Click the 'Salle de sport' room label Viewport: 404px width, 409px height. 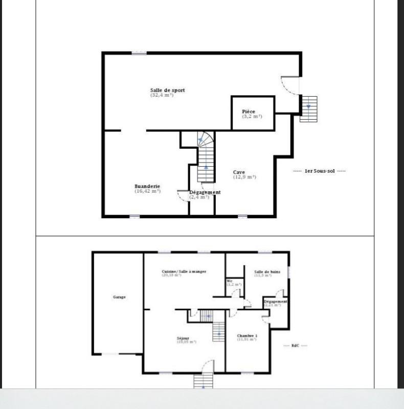pos(167,90)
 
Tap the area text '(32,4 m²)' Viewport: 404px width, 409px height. pos(162,95)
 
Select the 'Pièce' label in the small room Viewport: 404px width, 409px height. pos(249,111)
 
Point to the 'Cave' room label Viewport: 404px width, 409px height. pos(238,172)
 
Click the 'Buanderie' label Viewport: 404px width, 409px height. pos(147,186)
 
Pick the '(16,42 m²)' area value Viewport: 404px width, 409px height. pos(147,191)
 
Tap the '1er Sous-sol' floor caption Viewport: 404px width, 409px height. pos(319,171)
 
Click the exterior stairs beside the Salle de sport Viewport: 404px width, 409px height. pos(308,108)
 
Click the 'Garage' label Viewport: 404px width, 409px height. pos(119,297)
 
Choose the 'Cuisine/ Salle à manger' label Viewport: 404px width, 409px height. pos(184,271)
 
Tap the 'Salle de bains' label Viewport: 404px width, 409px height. pos(267,271)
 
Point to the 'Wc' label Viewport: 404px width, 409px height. pos(230,281)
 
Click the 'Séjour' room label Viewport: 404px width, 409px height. pos(183,338)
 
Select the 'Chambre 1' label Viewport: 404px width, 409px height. pos(247,336)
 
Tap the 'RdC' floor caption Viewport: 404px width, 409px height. pos(295,346)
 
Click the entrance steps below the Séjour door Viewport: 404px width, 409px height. pos(203,381)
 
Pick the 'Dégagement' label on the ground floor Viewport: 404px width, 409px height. pos(275,302)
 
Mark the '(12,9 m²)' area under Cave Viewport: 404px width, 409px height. pos(244,177)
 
